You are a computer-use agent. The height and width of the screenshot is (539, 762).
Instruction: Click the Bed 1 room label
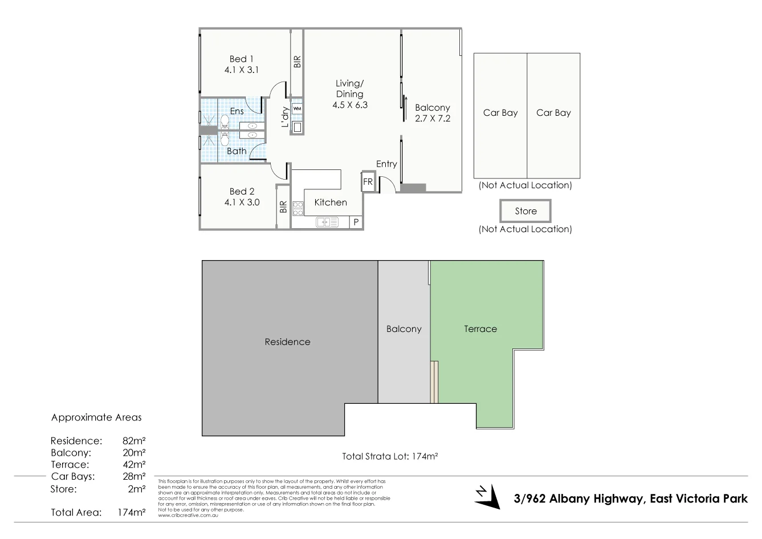(241, 59)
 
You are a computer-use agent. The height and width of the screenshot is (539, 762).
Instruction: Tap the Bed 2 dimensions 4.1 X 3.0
(241, 202)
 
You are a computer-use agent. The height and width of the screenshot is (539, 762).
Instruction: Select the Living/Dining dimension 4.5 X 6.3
(349, 105)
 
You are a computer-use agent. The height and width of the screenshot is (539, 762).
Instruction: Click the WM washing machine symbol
(297, 108)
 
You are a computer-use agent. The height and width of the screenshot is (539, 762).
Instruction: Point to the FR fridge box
(368, 182)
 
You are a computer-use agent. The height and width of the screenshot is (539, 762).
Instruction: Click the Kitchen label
(331, 202)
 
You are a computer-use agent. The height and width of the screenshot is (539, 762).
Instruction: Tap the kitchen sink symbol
(327, 222)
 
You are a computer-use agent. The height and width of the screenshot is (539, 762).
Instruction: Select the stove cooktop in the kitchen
(298, 209)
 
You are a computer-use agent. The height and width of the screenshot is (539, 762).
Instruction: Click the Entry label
(386, 164)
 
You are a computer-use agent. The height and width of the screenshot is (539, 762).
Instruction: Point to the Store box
(525, 211)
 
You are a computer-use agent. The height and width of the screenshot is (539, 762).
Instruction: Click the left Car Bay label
(500, 113)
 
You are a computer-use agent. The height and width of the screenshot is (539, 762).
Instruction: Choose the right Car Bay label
(553, 113)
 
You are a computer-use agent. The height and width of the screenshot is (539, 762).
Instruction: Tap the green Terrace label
(480, 329)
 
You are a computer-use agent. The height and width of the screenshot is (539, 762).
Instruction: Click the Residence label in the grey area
(287, 342)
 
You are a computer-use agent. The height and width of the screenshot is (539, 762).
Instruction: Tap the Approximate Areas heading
(96, 418)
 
